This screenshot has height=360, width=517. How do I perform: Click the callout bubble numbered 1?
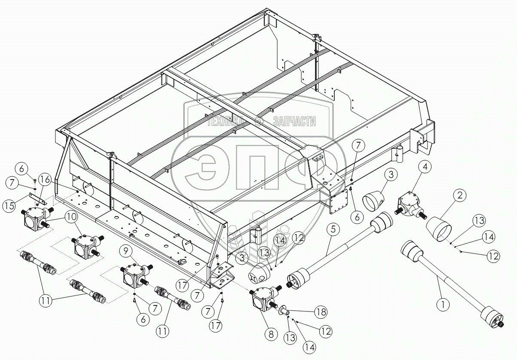[443, 305]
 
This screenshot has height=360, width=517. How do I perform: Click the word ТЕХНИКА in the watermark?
[226, 122]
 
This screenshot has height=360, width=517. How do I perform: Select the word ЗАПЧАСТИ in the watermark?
[294, 122]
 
